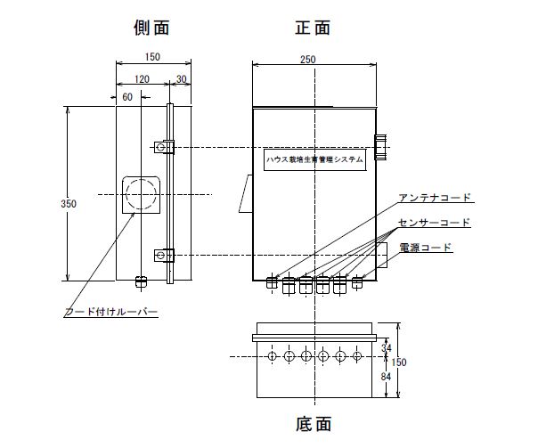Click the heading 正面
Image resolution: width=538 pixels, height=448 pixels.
tap(312, 27)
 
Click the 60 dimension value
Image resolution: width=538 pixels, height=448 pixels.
tap(126, 94)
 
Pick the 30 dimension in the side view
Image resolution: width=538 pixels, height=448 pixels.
tap(182, 78)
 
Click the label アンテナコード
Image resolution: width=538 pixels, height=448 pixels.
tap(435, 197)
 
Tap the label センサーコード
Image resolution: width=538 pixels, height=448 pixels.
tap(435, 221)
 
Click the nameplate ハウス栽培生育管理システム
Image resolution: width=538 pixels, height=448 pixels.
tap(314, 160)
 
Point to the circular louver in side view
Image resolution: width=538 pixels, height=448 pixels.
tap(142, 194)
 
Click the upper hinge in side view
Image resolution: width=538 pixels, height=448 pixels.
tap(162, 146)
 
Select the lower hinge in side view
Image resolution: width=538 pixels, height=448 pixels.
tap(162, 256)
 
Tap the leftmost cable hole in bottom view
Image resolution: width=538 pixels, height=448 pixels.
tap(273, 356)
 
